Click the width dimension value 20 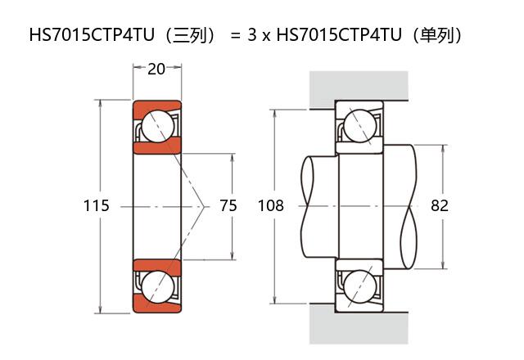point(156,69)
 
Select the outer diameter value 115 point(97,205)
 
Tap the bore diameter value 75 point(228,205)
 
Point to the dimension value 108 point(271,205)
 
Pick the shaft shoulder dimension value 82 point(440,205)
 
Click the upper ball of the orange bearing point(158,126)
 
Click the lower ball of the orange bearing point(158,287)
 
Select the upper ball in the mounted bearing point(360,126)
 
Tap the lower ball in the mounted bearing point(360,286)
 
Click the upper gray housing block point(359,86)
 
